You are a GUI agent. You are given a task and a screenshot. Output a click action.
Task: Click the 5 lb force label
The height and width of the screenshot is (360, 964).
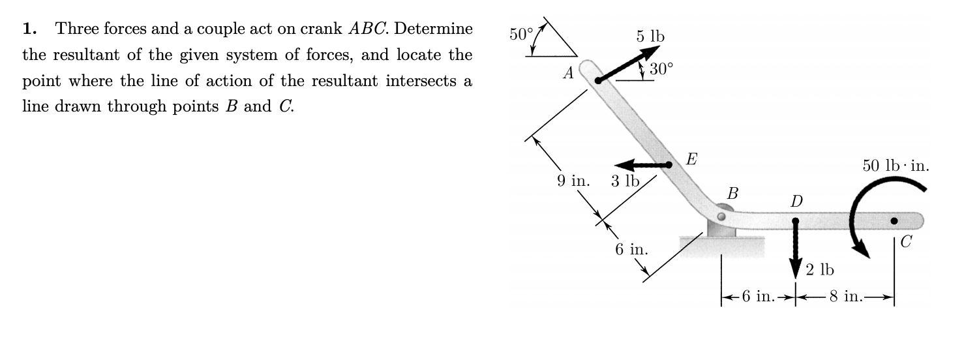click(650, 37)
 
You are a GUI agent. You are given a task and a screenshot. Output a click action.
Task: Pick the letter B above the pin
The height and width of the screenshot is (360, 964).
click(733, 194)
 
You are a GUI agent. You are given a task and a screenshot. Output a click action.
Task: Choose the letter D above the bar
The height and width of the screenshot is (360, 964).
click(796, 199)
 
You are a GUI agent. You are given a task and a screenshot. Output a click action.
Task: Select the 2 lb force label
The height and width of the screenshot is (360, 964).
click(819, 269)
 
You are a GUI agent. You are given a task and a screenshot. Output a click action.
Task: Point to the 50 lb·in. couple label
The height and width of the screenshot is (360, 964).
click(896, 165)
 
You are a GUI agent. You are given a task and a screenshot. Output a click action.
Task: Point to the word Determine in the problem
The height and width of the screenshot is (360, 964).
click(433, 30)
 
